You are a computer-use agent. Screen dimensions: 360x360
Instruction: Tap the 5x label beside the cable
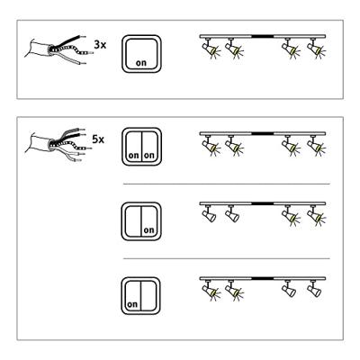coord(98,140)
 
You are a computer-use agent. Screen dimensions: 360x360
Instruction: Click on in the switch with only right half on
coord(148,229)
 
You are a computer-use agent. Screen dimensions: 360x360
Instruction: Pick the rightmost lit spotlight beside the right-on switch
coord(314,215)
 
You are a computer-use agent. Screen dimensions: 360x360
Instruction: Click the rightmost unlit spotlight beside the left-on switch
coord(314,291)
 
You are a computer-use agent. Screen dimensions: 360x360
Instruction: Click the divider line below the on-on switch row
coord(225,183)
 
